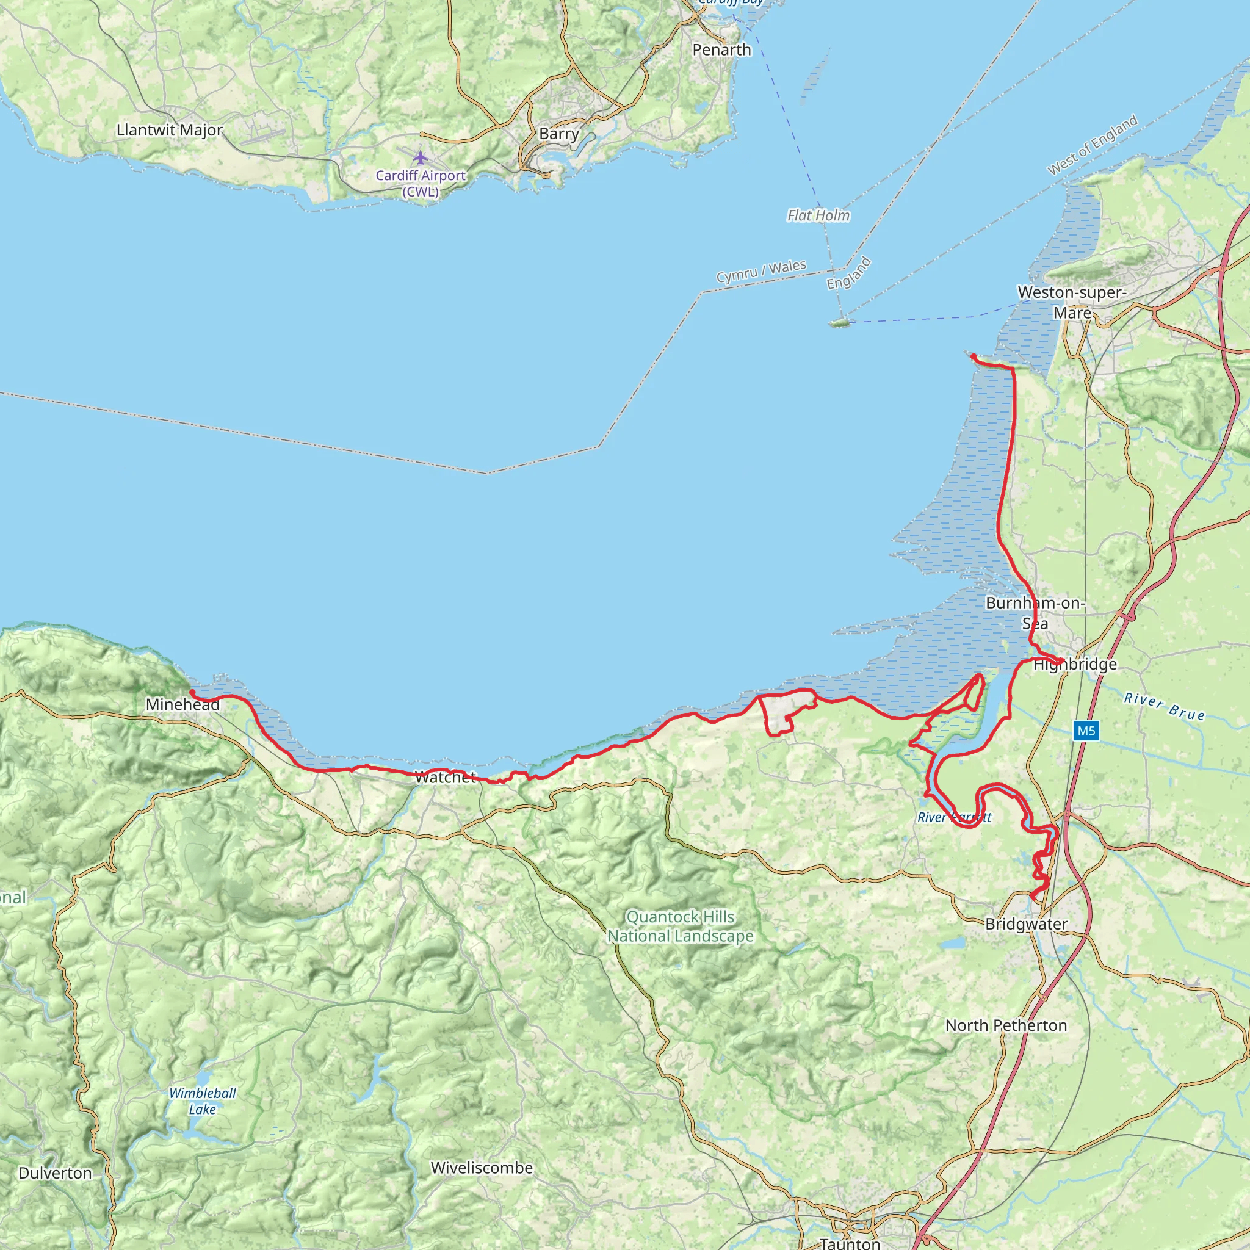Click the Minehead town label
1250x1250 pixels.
[182, 704]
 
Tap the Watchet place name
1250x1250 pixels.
[445, 778]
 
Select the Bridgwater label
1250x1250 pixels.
[1026, 924]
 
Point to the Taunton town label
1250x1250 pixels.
[850, 1242]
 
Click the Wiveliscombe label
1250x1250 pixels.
[482, 1168]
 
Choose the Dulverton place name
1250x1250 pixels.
[55, 1173]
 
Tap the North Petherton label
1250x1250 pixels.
[1006, 1025]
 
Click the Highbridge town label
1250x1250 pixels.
[1075, 665]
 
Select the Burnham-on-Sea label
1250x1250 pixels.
[1035, 613]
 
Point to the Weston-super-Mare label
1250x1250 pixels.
[1072, 302]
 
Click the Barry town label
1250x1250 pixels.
[559, 134]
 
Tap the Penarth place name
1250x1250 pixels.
[721, 50]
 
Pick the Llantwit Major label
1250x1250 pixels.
[170, 130]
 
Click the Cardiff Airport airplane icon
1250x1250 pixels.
[421, 157]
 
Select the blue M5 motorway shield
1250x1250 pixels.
[1086, 731]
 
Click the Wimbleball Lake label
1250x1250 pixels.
[203, 1100]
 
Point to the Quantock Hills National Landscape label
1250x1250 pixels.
[680, 926]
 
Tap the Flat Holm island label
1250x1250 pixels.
[818, 215]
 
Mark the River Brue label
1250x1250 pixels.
[1165, 707]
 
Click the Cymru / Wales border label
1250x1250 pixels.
[761, 271]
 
